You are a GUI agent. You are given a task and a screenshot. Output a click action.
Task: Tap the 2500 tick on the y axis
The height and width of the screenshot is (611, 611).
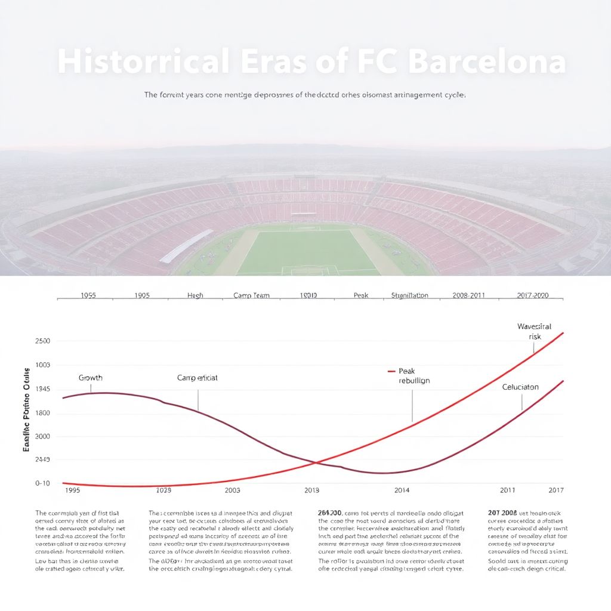(x=42, y=341)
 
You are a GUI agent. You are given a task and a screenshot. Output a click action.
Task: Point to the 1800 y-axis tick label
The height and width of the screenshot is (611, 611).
(x=42, y=413)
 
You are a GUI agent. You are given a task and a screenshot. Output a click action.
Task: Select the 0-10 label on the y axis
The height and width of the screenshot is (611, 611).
(x=42, y=483)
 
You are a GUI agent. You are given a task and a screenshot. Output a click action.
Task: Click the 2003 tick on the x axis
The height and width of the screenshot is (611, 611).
(x=232, y=490)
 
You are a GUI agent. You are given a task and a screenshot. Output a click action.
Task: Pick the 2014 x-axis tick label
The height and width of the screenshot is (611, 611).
(x=402, y=490)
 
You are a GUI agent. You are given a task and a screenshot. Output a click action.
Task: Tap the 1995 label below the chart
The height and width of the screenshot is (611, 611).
(x=72, y=490)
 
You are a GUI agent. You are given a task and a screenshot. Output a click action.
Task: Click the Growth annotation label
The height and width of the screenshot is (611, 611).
(x=91, y=378)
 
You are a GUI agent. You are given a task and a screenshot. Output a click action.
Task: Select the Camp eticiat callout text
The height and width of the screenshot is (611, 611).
(x=198, y=378)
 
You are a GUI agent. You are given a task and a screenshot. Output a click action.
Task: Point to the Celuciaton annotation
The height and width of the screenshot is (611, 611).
(x=520, y=387)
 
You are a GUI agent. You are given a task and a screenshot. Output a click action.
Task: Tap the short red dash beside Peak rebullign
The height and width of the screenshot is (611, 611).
(x=391, y=371)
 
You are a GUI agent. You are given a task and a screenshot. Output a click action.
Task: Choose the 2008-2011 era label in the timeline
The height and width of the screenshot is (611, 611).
(x=468, y=295)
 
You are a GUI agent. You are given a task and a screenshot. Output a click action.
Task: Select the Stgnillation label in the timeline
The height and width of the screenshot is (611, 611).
(x=409, y=295)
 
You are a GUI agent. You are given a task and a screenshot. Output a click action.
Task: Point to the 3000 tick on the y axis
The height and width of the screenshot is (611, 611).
(x=42, y=436)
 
